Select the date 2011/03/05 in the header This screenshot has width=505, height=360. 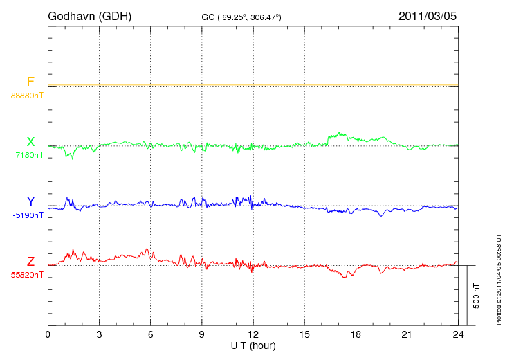tap(428, 15)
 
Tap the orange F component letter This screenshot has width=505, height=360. tap(30, 82)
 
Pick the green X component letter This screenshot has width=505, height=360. tap(30, 142)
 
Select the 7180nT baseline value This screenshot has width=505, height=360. tap(29, 155)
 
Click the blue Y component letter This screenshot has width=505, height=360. tap(30, 202)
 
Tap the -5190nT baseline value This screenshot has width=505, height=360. tap(28, 215)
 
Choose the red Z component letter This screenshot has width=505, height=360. tap(30, 262)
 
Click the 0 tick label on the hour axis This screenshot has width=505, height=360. tap(48, 335)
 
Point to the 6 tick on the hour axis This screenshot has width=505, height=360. tap(150, 335)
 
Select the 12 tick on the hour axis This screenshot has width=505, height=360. tap(253, 335)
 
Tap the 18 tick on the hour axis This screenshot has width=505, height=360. tap(356, 335)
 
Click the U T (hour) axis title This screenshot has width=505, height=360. tap(253, 345)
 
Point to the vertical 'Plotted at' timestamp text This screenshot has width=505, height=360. tap(499, 277)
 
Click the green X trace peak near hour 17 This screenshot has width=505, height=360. tap(339, 132)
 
